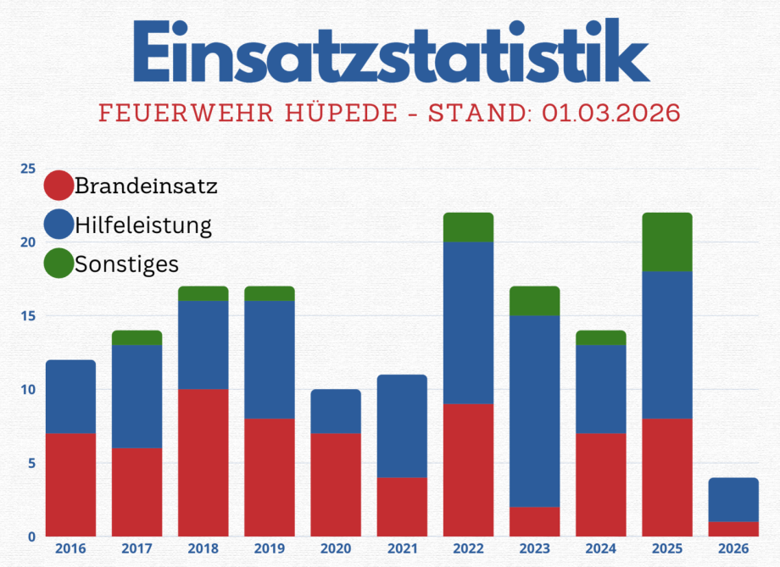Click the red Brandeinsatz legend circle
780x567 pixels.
point(58,186)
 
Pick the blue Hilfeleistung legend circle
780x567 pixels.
point(58,225)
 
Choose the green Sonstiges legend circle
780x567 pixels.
point(58,264)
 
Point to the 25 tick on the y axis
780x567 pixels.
point(28,169)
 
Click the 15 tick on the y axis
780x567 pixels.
point(28,316)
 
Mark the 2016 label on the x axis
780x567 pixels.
point(70,549)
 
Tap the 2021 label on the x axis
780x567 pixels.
point(402,549)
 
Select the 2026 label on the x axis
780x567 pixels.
point(733,549)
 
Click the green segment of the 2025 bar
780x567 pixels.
point(667,242)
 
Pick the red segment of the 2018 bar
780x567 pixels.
point(203,463)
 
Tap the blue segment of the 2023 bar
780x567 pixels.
point(534,411)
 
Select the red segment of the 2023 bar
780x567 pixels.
point(534,521)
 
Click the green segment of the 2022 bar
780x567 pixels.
point(468,227)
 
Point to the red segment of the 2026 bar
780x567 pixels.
point(733,529)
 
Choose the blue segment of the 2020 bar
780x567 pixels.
point(336,411)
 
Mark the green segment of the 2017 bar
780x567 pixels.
point(136,337)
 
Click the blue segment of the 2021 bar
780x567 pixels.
point(402,426)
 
